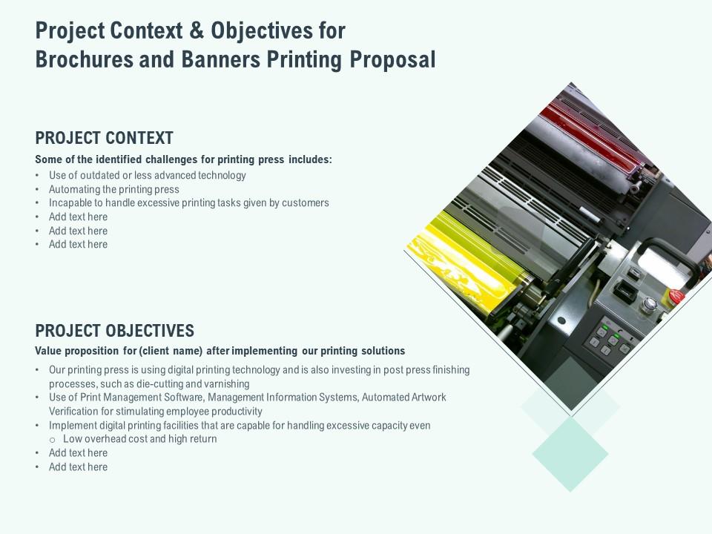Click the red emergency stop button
coord(676,297)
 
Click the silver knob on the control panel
coord(650,303)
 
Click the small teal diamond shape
coord(570,453)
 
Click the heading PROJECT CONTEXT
coord(104,138)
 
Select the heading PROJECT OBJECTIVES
coord(114,331)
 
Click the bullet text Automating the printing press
coord(114,189)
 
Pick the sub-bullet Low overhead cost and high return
coord(140,439)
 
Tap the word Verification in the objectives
coord(76,412)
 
